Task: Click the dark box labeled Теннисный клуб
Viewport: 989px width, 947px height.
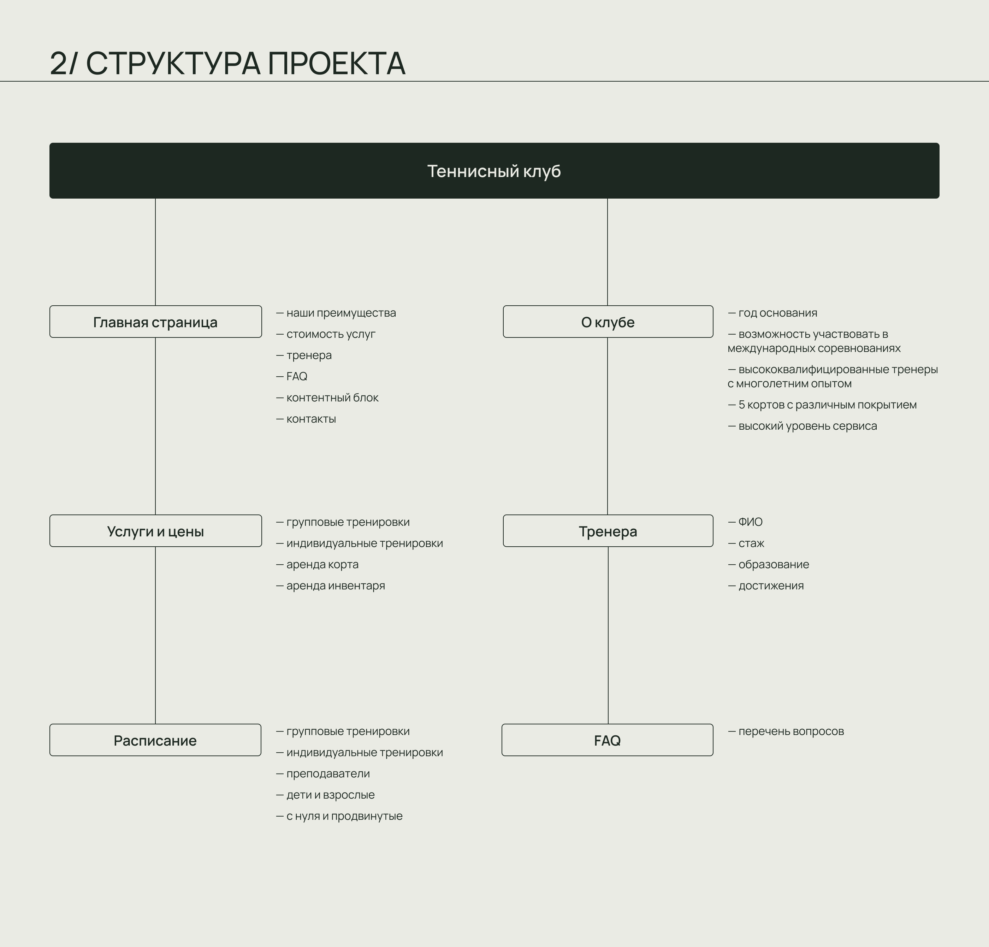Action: pyautogui.click(x=494, y=171)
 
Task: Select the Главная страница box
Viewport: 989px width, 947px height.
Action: pyautogui.click(x=155, y=322)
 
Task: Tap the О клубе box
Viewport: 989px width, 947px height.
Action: pyautogui.click(x=608, y=322)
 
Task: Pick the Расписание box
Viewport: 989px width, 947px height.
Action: pyautogui.click(x=155, y=740)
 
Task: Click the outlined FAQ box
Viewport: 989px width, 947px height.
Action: pyautogui.click(x=607, y=740)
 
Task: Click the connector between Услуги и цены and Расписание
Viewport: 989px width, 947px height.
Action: pyautogui.click(x=155, y=635)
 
